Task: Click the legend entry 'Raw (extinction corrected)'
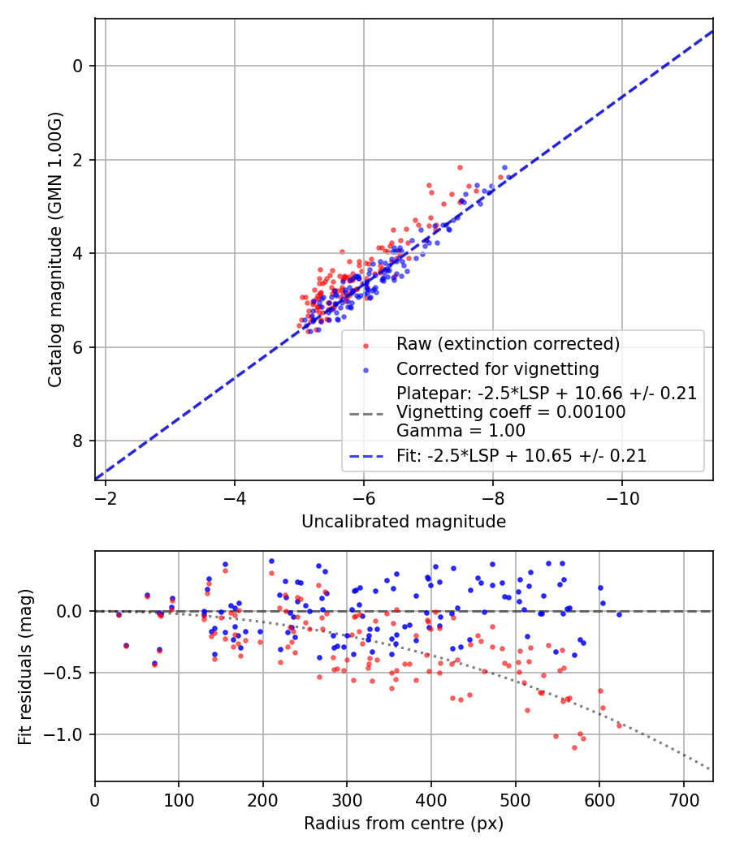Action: click(x=508, y=343)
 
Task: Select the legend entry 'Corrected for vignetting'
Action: click(x=497, y=369)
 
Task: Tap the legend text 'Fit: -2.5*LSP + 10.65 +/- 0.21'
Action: click(x=521, y=456)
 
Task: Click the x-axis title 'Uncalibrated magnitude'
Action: click(x=404, y=522)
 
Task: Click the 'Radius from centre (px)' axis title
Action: click(x=404, y=824)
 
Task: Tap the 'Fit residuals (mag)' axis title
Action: click(x=25, y=666)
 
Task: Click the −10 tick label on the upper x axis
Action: click(x=621, y=496)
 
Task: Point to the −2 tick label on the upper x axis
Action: click(x=106, y=496)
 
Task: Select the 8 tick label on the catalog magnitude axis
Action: click(x=78, y=441)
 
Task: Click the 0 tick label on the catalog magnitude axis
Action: click(x=78, y=66)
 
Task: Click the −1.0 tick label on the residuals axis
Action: click(x=67, y=734)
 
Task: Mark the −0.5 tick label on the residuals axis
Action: click(x=67, y=673)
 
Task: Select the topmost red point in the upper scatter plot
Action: click(x=460, y=167)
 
